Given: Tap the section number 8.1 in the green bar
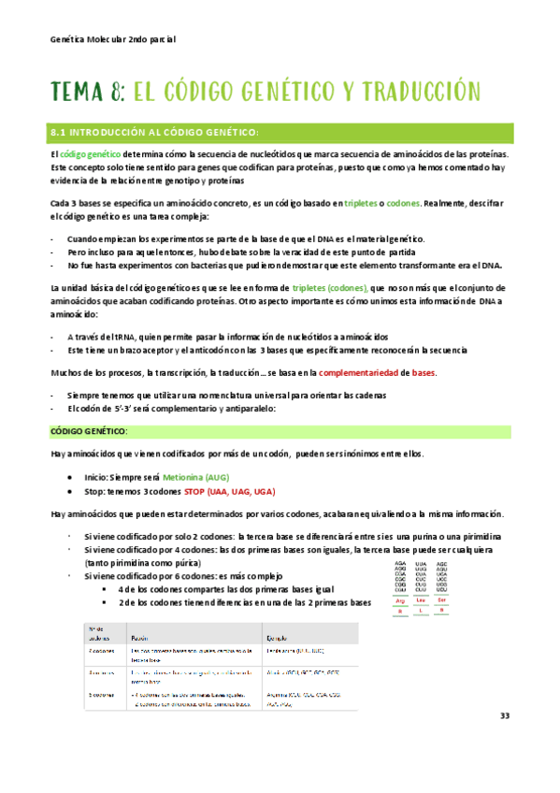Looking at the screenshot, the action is (63, 132).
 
